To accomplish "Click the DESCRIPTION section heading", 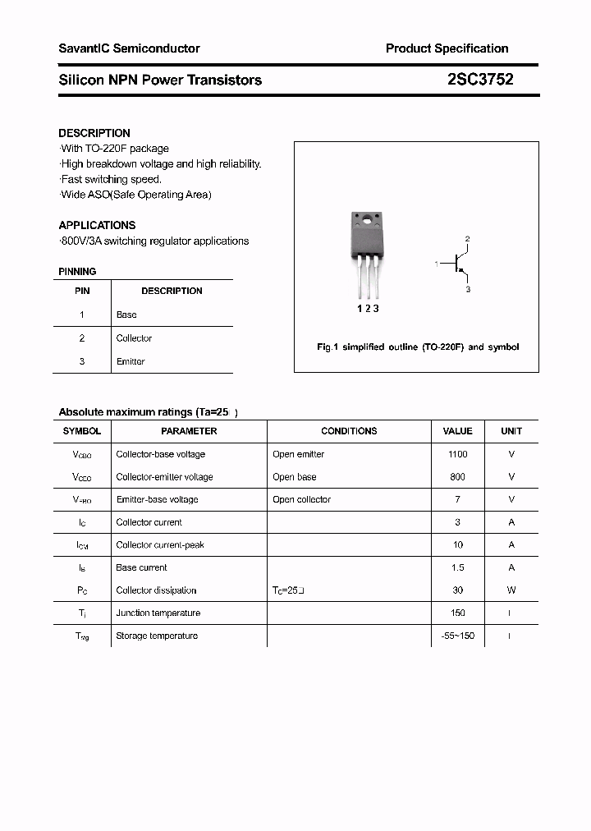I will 94,133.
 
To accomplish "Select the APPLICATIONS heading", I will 97,225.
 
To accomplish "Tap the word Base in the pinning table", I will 126,314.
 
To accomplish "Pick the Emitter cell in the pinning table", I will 131,361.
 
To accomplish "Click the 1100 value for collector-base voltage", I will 457,454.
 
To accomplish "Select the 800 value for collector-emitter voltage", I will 457,477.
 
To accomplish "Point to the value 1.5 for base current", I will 457,567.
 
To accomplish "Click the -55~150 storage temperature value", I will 457,636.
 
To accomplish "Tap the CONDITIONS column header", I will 349,431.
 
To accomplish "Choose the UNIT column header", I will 511,431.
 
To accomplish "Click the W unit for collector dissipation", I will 511,590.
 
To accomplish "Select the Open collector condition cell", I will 301,499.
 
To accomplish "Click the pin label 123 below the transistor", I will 367,308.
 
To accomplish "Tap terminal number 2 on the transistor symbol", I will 467,239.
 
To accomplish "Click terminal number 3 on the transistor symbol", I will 468,290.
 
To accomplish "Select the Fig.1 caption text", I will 418,347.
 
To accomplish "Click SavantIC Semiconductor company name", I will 129,48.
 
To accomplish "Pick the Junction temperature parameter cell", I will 158,613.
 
